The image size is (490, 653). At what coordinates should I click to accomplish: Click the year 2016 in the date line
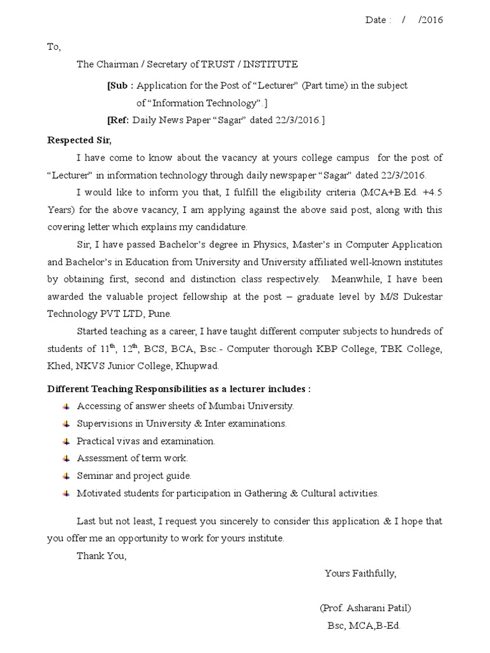point(431,20)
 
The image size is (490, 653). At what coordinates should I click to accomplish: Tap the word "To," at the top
point(54,47)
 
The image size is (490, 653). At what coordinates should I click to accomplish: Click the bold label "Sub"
point(119,85)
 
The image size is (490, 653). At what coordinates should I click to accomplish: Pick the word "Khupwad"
point(201,366)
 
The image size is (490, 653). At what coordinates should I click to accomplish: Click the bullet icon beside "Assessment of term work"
point(66,459)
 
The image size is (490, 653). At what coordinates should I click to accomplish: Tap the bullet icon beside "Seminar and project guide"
point(66,476)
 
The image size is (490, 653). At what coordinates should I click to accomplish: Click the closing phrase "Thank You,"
point(101,555)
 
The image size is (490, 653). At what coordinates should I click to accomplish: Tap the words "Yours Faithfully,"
point(360,573)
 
